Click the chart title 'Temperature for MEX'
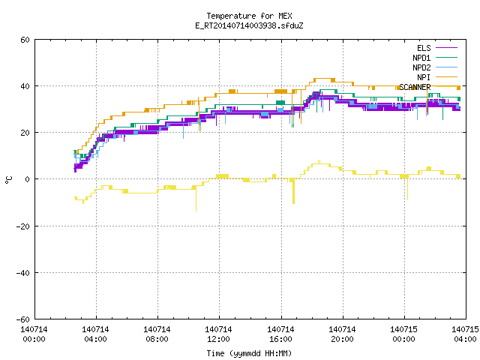tap(249, 16)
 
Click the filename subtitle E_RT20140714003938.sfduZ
tap(249, 25)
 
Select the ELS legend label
tap(424, 48)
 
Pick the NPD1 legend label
tap(421, 58)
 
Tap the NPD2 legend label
tap(421, 67)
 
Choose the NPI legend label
tap(424, 77)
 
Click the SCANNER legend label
tap(415, 87)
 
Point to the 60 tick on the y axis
tap(25, 40)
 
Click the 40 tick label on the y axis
tap(25, 86)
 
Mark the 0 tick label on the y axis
tap(28, 179)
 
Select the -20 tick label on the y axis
tap(23, 226)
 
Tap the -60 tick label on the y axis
tap(23, 319)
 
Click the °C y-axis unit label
tap(8, 180)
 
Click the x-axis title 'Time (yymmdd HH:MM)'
tap(249, 353)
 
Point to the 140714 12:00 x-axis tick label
tap(218, 334)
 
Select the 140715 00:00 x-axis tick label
tap(403, 334)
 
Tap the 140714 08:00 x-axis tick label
tap(157, 334)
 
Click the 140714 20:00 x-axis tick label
tap(342, 334)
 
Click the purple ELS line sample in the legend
tap(447, 48)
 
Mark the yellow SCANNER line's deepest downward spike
tap(196, 211)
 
